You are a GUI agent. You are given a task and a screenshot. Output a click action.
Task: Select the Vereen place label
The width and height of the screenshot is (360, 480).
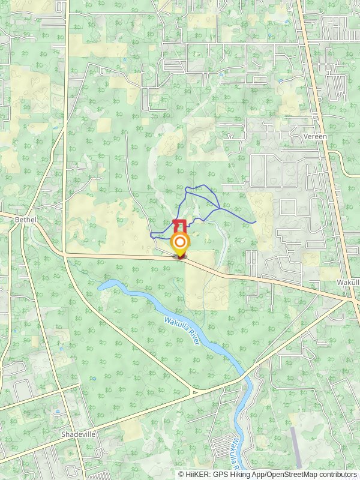tap(315, 137)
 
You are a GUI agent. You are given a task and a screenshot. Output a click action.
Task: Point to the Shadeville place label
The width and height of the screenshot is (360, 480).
tap(79, 434)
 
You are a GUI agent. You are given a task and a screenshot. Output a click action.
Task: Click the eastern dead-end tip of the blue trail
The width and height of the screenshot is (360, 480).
tap(256, 222)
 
